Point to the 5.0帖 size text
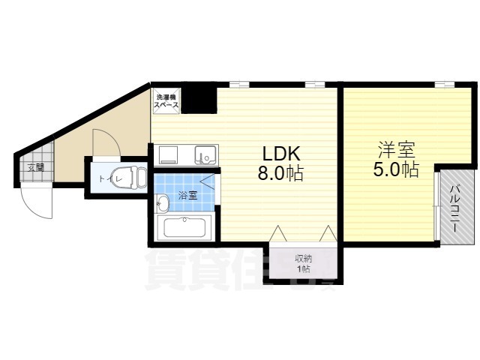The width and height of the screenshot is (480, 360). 395,169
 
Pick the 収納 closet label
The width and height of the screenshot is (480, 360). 304,259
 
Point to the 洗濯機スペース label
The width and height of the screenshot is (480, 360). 166,102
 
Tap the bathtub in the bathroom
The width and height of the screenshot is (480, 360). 185,226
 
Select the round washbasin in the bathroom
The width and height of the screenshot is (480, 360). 163,202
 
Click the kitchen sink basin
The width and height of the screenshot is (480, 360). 204,155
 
